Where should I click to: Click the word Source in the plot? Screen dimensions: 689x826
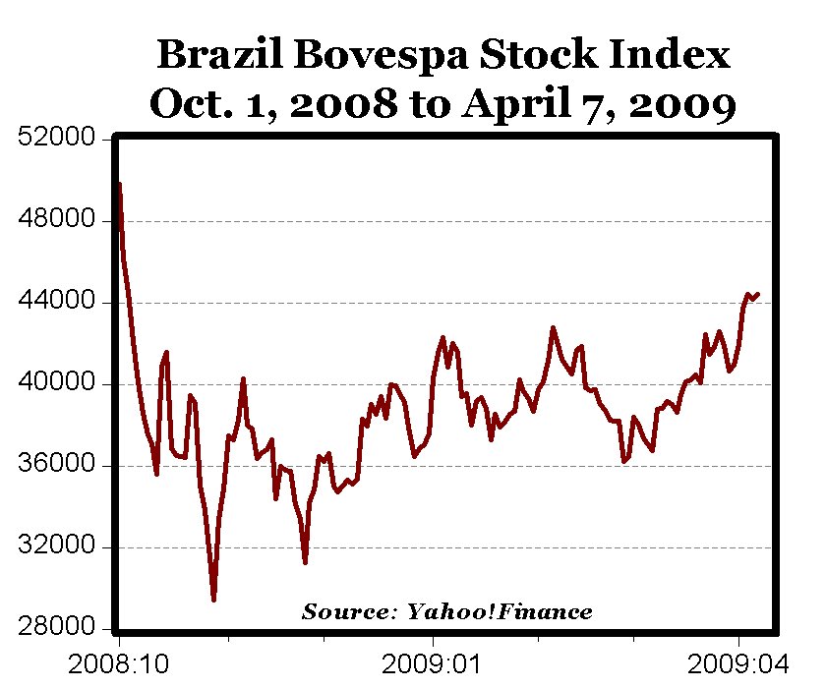pos(345,612)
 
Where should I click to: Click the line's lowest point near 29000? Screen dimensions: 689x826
pos(213,600)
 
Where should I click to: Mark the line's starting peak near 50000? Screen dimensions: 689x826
pos(119,184)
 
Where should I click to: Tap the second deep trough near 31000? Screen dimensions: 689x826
pos(305,562)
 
